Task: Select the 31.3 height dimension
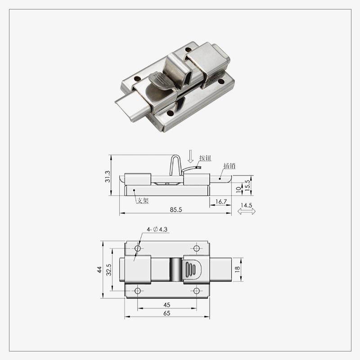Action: [107, 175]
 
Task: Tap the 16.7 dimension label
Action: [220, 202]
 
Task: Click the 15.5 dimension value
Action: [247, 184]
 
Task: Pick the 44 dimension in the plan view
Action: [99, 270]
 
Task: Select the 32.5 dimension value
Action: [108, 270]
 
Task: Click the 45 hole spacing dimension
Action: [166, 305]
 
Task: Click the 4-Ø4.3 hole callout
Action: [157, 229]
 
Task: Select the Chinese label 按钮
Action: [205, 158]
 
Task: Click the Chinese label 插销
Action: [229, 166]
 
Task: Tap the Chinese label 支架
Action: [143, 201]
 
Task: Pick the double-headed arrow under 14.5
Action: [247, 211]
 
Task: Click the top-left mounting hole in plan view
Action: [138, 248]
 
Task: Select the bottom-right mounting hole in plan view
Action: [196, 291]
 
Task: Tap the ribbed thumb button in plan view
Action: [191, 270]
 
